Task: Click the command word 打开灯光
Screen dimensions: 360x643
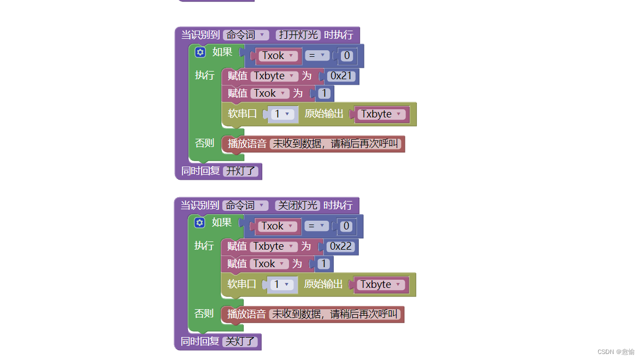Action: (298, 35)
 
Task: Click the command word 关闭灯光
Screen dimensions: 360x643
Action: (297, 205)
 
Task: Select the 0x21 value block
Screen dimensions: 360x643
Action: (342, 76)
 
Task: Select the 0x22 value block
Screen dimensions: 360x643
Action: (341, 246)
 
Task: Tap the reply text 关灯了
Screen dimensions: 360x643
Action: (241, 341)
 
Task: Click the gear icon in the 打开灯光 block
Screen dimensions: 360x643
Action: (200, 52)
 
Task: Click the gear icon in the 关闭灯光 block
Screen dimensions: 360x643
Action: (199, 223)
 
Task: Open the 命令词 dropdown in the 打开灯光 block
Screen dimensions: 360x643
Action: (246, 35)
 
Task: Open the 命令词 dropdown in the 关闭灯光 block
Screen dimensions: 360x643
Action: (246, 205)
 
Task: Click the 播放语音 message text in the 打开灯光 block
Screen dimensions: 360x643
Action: (337, 144)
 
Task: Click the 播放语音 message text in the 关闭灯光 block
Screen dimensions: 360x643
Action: (336, 314)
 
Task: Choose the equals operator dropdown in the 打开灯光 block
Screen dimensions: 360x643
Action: (317, 56)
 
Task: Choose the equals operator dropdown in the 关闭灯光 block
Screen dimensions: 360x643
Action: (317, 226)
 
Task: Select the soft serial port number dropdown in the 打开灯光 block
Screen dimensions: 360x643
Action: (282, 114)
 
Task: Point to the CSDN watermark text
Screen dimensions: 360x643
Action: (616, 352)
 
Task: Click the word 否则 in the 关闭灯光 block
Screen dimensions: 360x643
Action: (204, 314)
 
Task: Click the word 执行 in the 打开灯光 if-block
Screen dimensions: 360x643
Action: (205, 75)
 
